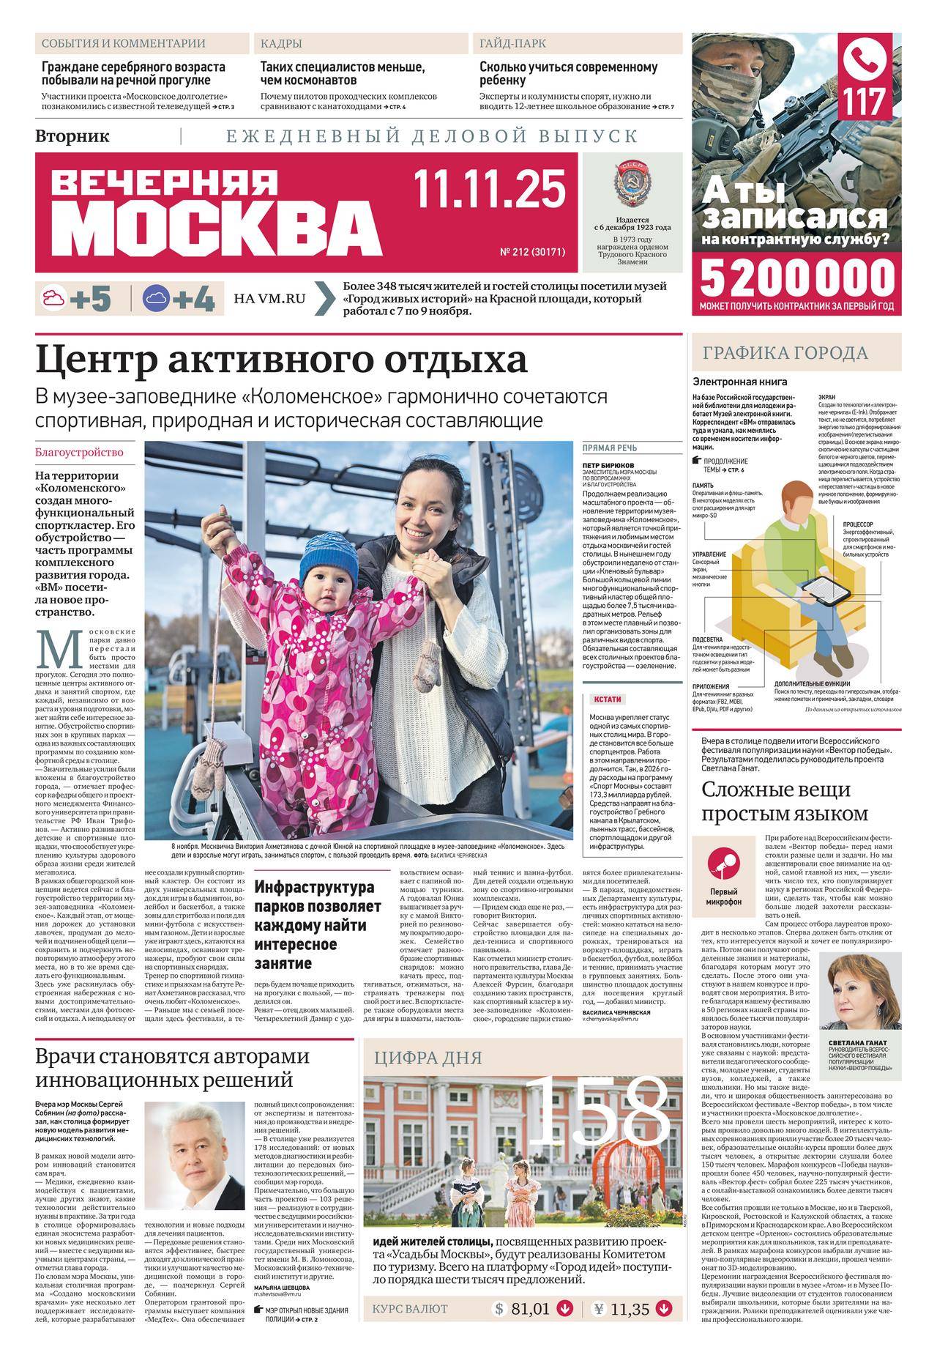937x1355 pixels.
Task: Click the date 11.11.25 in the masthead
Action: coord(490,188)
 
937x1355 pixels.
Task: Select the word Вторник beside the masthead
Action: coord(72,135)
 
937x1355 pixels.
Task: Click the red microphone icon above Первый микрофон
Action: coord(724,865)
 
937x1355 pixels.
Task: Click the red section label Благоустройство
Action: coord(79,452)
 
